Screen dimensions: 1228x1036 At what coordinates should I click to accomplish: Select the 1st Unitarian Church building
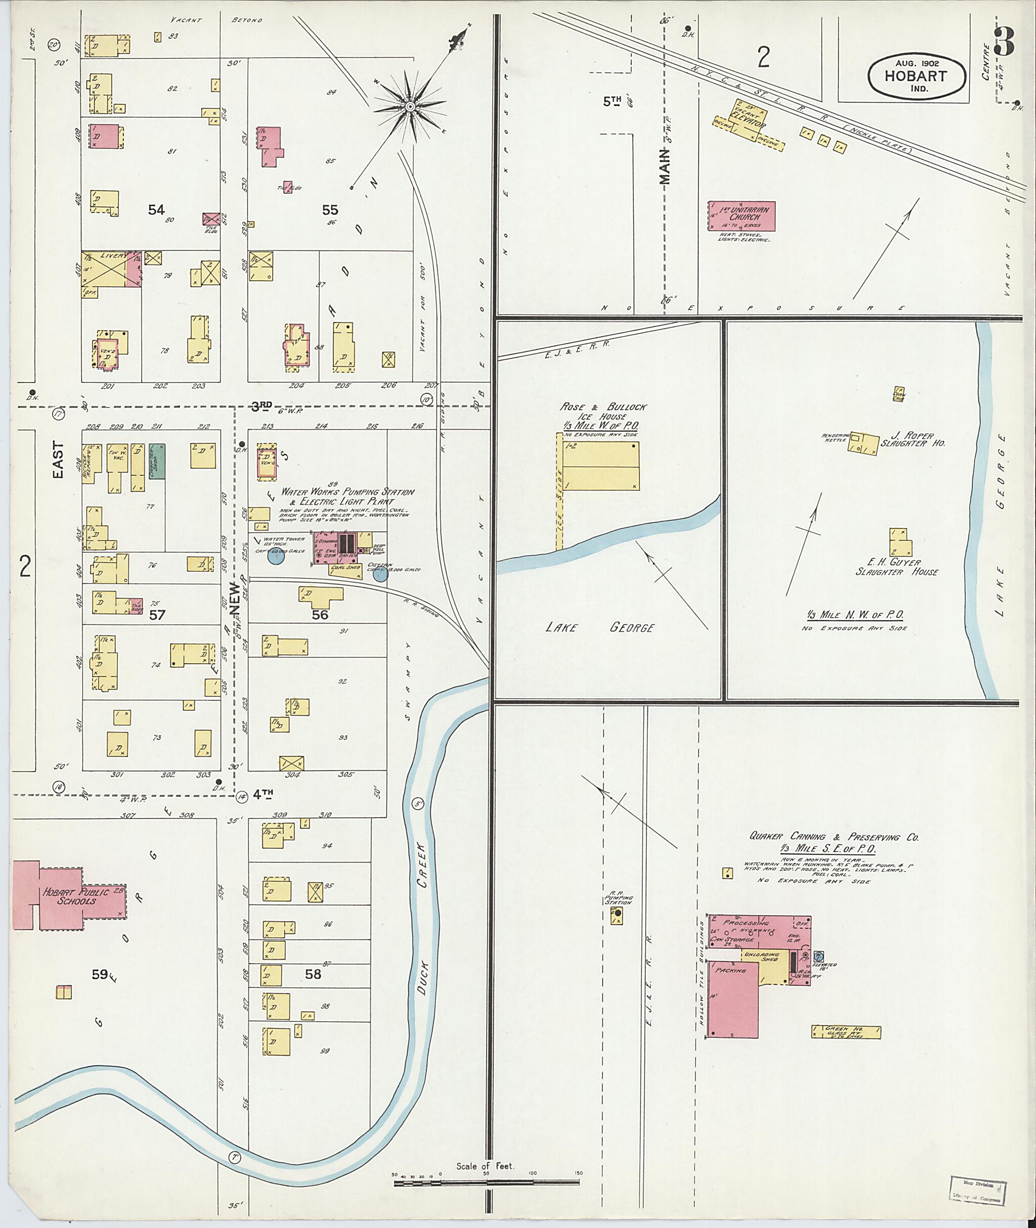pyautogui.click(x=742, y=216)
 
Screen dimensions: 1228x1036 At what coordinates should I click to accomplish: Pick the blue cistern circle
pyautogui.click(x=380, y=573)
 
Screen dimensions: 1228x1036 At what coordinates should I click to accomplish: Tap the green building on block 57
pyautogui.click(x=157, y=461)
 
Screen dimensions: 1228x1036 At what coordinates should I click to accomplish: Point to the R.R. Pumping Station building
pyautogui.click(x=617, y=916)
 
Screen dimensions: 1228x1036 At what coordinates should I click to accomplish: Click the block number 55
pyautogui.click(x=329, y=210)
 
